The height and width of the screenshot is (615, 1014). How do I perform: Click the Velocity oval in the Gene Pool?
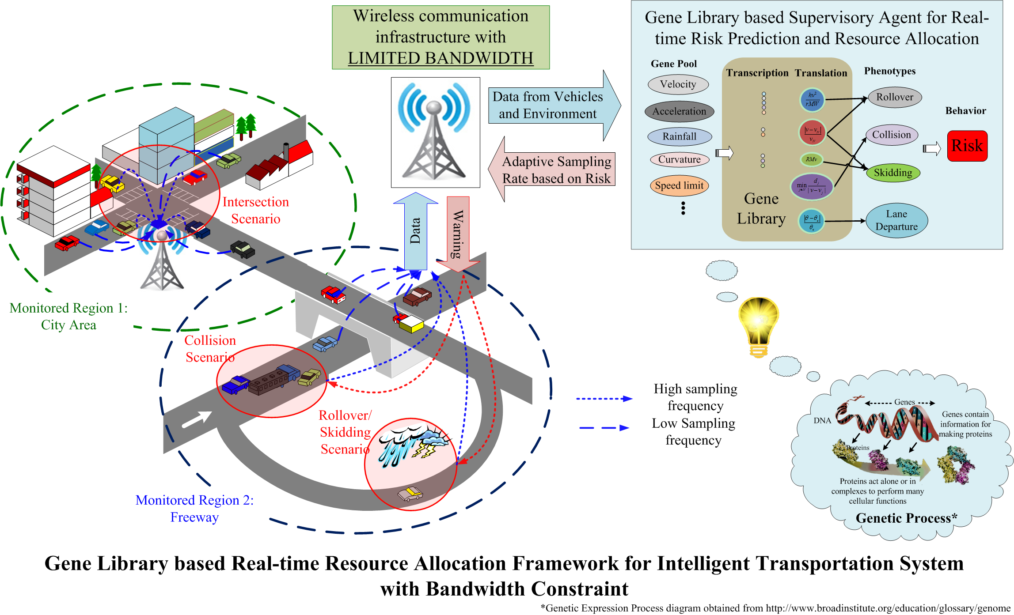[x=678, y=84]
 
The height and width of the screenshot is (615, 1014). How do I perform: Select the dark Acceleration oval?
[x=679, y=111]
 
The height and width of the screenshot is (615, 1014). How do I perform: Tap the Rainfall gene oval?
[x=679, y=136]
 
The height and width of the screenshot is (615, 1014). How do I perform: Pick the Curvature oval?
[x=679, y=159]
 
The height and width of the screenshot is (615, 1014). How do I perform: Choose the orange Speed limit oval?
[x=679, y=185]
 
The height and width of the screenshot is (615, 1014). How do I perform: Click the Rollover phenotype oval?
[x=895, y=97]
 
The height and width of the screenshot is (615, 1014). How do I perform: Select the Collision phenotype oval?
[x=892, y=135]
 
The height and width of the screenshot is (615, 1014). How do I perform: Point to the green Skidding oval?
[x=893, y=173]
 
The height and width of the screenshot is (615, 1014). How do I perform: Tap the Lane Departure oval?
[x=896, y=220]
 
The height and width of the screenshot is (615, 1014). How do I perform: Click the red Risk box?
[x=967, y=146]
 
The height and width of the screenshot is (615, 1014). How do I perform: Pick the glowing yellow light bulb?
[x=759, y=324]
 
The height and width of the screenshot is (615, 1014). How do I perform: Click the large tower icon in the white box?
[x=435, y=132]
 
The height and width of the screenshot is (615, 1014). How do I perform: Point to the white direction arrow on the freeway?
[x=197, y=419]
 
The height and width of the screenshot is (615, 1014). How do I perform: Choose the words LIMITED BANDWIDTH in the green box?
[x=441, y=58]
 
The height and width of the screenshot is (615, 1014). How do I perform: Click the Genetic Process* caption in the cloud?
[x=906, y=518]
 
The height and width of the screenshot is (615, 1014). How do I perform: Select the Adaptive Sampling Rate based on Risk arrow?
[x=554, y=170]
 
